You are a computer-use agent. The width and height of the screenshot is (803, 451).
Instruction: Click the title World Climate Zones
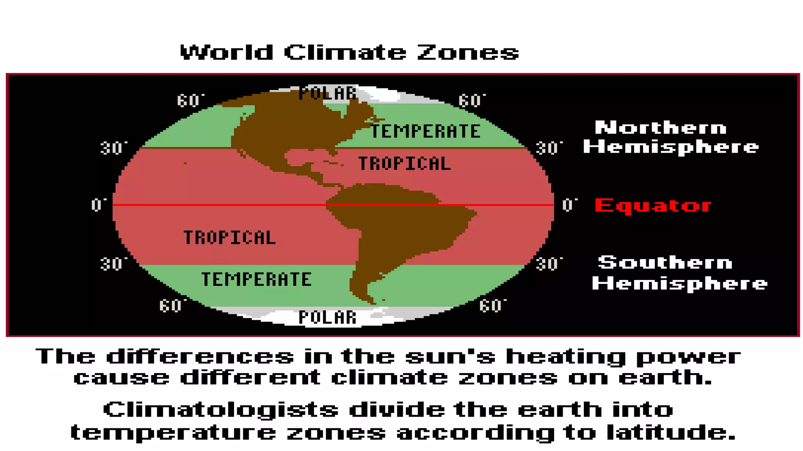point(349,52)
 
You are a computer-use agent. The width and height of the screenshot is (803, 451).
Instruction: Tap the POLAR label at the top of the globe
point(327,94)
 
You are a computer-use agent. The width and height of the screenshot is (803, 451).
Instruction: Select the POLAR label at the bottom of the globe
point(327,318)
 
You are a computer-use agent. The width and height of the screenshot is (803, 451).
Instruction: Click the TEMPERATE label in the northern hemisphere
point(425,131)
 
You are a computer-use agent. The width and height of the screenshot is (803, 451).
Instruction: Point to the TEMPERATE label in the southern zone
point(256,280)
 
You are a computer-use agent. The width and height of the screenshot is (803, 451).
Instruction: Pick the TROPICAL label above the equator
point(404,164)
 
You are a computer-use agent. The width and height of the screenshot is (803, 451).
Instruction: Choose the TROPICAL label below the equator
point(230,238)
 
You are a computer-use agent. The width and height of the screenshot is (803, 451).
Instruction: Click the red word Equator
point(653,206)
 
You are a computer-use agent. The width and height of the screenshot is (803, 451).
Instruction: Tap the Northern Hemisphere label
point(670,137)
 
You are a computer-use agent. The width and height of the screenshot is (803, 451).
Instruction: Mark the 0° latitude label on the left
point(98,205)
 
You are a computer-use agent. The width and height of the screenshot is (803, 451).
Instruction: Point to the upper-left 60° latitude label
point(190,101)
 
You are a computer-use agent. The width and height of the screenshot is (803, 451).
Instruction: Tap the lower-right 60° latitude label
point(492,306)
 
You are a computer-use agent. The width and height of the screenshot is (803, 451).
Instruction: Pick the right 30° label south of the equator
point(549,264)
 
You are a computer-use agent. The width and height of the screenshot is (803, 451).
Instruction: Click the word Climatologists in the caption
point(220,410)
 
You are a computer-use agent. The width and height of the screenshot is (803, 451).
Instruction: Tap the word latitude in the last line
point(670,433)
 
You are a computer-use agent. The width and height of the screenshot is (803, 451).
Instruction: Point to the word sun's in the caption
point(450,357)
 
